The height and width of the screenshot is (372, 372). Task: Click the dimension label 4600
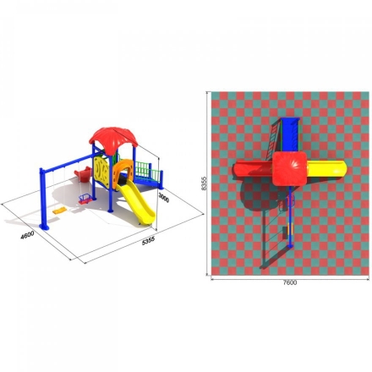coord(28,234)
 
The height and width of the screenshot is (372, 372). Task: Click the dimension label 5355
coord(148,241)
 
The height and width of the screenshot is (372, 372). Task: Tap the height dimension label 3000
coord(164,198)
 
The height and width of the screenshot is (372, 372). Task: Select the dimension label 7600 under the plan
coord(290,282)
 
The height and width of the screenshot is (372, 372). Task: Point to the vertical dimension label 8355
coord(205,183)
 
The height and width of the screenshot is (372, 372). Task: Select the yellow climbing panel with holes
coord(101,172)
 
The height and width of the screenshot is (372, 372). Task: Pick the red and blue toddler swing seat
coord(85,199)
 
